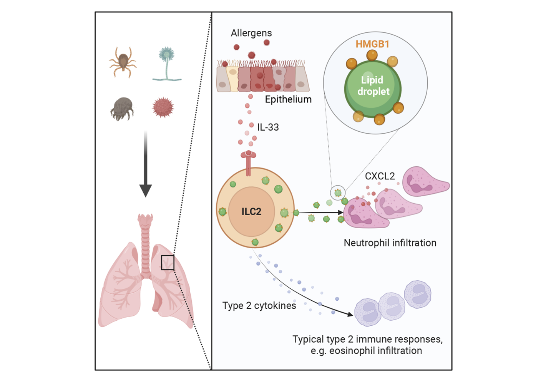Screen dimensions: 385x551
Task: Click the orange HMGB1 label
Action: pos(372,44)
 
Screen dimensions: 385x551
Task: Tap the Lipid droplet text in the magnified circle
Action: pos(372,85)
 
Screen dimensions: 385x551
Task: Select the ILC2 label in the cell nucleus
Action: pos(251,211)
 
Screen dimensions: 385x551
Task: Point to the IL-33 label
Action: pos(268,127)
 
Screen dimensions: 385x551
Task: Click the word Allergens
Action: pos(251,33)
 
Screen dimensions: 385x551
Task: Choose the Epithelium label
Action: pos(288,99)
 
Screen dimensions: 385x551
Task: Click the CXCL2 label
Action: pos(380,176)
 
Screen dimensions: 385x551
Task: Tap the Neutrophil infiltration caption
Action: pos(390,243)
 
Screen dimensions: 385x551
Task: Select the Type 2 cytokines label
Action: pos(259,306)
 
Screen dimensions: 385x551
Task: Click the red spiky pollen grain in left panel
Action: pos(163,107)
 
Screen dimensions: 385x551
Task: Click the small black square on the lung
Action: pos(168,263)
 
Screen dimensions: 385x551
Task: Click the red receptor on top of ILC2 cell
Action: pos(249,162)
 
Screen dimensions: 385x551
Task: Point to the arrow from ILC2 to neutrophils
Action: pos(321,212)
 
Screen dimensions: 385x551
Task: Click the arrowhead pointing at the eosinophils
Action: pos(350,315)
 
